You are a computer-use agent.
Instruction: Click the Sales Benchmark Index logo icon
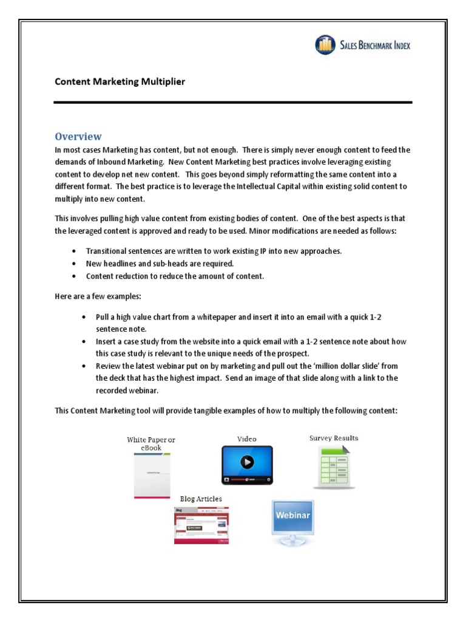coord(325,45)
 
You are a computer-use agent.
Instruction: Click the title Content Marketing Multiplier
coord(120,81)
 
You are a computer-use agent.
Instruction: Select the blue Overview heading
coord(78,136)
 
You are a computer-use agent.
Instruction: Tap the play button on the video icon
coord(247,462)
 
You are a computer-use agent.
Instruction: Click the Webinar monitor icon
coord(293,521)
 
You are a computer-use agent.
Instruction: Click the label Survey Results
coord(334,437)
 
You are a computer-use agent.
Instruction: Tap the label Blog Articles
coord(201,499)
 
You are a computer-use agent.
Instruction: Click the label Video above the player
coord(246,439)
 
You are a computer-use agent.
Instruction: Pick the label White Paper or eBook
coord(151,443)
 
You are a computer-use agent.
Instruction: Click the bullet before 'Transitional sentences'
coord(74,251)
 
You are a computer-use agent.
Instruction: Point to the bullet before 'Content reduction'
coord(74,276)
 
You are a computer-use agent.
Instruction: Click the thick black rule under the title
coord(233,102)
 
